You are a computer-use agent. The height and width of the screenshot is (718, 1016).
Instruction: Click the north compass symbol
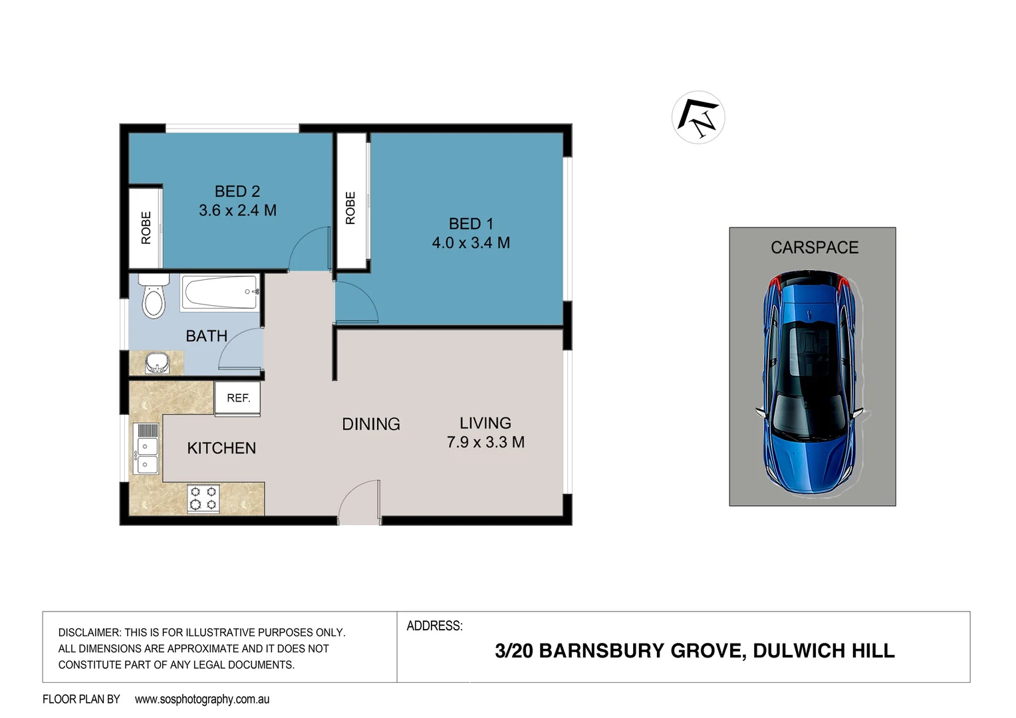(x=698, y=118)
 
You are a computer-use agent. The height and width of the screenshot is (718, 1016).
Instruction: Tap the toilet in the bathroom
(x=154, y=299)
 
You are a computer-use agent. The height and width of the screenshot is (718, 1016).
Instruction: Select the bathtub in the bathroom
(x=220, y=293)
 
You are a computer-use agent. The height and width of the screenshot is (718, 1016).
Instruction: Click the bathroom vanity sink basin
(x=157, y=364)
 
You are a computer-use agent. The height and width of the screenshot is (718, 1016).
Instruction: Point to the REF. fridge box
(x=237, y=398)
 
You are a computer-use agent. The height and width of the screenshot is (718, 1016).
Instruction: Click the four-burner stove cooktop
(x=203, y=499)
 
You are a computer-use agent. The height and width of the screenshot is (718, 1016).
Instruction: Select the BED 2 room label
(x=237, y=191)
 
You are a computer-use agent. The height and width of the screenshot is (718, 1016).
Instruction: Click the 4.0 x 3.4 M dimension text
(x=471, y=243)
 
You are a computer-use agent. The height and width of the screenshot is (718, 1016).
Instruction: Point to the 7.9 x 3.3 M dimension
(x=485, y=443)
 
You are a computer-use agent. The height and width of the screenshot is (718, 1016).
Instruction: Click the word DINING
(x=370, y=424)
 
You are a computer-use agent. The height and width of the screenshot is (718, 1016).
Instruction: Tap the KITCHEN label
(x=221, y=449)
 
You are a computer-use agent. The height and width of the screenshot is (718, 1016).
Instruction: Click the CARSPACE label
(x=814, y=248)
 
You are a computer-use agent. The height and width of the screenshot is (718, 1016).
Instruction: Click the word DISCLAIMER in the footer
(x=89, y=633)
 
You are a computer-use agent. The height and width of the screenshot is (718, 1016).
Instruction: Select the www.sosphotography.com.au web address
(x=202, y=699)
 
